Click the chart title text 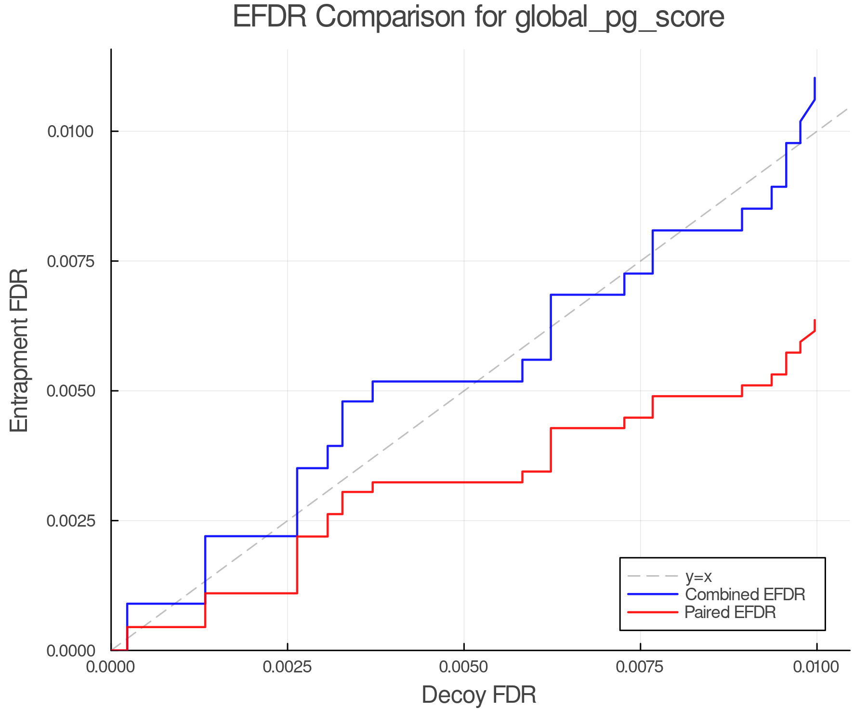pyautogui.click(x=478, y=17)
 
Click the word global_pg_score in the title pyautogui.click(x=619, y=18)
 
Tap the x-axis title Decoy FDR pyautogui.click(x=479, y=695)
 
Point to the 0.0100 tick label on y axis pyautogui.click(x=71, y=131)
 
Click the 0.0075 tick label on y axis pyautogui.click(x=71, y=261)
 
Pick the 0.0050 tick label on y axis pyautogui.click(x=71, y=391)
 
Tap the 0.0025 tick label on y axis pyautogui.click(x=71, y=521)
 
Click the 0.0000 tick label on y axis pyautogui.click(x=71, y=651)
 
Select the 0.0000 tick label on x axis pyautogui.click(x=111, y=667)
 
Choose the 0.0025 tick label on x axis pyautogui.click(x=288, y=667)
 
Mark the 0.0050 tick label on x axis pyautogui.click(x=464, y=667)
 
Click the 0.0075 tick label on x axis pyautogui.click(x=640, y=667)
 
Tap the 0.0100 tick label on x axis pyautogui.click(x=816, y=667)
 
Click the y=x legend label pyautogui.click(x=698, y=576)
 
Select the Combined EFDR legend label pyautogui.click(x=745, y=594)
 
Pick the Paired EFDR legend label pyautogui.click(x=730, y=612)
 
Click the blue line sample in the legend pyautogui.click(x=653, y=594)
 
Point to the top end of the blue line pyautogui.click(x=814, y=78)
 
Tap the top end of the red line pyautogui.click(x=814, y=321)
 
